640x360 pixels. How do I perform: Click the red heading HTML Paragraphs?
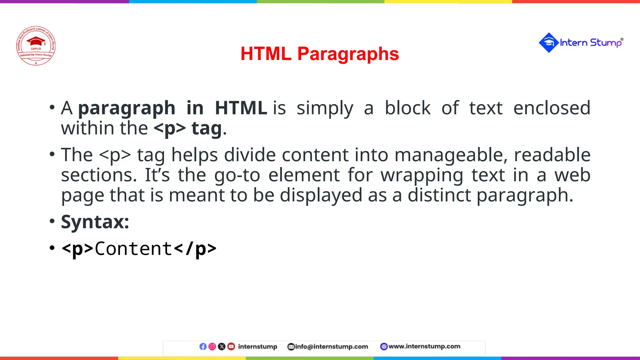(x=320, y=54)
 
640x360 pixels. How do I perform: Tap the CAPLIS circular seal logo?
(x=36, y=46)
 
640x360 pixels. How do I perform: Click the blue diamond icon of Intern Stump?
(x=548, y=42)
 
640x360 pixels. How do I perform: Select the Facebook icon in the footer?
(x=203, y=347)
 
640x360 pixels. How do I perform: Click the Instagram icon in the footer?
(x=212, y=347)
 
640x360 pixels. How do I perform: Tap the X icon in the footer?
(x=222, y=347)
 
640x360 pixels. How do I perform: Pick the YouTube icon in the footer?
(x=231, y=347)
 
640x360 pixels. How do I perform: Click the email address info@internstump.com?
(x=332, y=347)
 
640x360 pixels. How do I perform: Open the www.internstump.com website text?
(x=424, y=346)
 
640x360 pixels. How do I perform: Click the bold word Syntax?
(x=95, y=222)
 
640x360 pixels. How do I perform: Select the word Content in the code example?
(x=133, y=249)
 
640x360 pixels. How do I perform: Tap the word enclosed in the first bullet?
(x=552, y=108)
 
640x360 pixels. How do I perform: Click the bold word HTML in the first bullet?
(x=241, y=108)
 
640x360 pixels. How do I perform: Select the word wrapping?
(x=422, y=175)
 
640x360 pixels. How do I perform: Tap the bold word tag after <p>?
(x=207, y=128)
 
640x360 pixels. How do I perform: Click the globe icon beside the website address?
(x=384, y=347)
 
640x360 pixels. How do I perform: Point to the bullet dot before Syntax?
(x=52, y=221)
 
